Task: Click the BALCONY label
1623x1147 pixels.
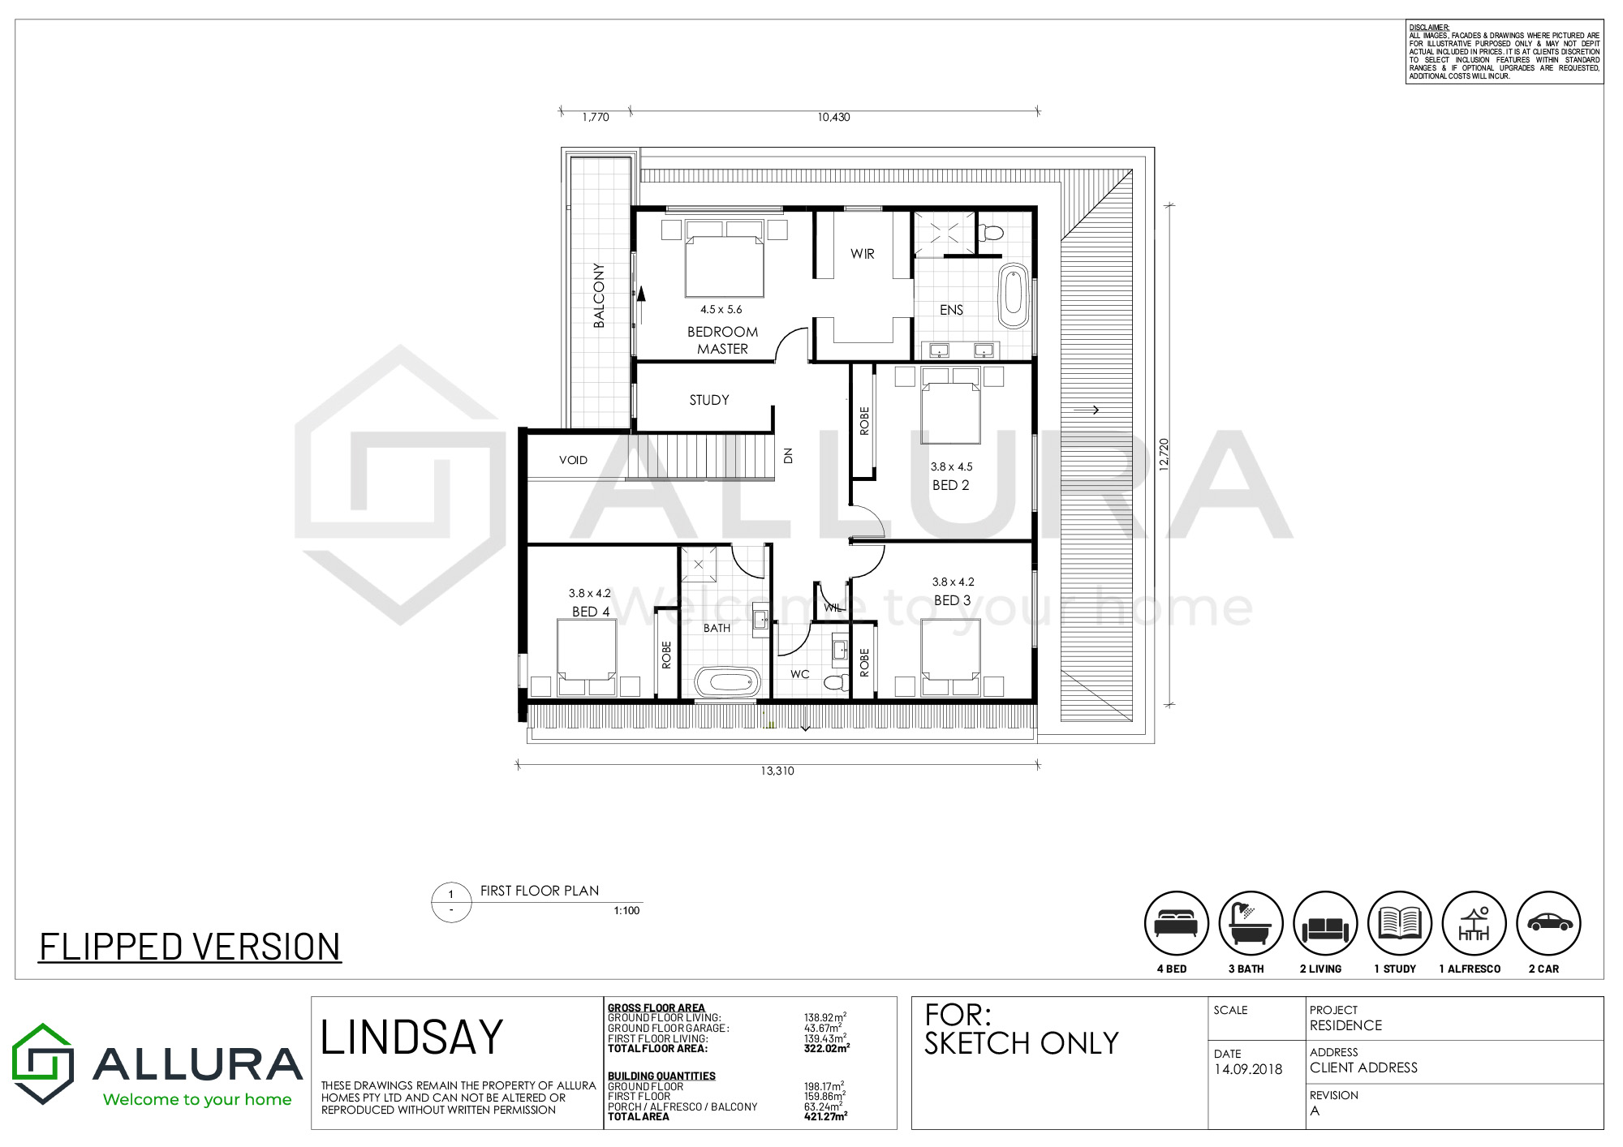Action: (x=599, y=295)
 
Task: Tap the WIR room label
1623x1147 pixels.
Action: (x=863, y=254)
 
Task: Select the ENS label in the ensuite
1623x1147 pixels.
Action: (x=952, y=310)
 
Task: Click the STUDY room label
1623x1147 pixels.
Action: (x=709, y=400)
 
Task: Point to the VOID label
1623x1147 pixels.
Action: (x=573, y=460)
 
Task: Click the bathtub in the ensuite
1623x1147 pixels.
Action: (x=1014, y=295)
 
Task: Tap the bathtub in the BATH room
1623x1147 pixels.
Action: (x=727, y=682)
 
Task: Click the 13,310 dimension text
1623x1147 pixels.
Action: (x=777, y=771)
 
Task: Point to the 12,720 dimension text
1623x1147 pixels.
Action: (x=1165, y=455)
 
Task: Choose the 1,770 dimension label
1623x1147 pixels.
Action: (x=596, y=117)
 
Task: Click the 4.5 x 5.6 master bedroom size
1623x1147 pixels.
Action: (x=721, y=309)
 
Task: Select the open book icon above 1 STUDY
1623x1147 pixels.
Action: (x=1400, y=923)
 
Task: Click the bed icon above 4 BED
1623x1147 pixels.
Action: (x=1176, y=924)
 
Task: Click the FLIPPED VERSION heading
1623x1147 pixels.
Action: (x=190, y=947)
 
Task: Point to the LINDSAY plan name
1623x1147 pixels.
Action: (x=412, y=1037)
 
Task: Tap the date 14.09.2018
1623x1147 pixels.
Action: (x=1248, y=1069)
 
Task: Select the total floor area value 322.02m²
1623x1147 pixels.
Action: (x=826, y=1048)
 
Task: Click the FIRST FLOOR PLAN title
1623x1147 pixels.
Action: (x=540, y=891)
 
